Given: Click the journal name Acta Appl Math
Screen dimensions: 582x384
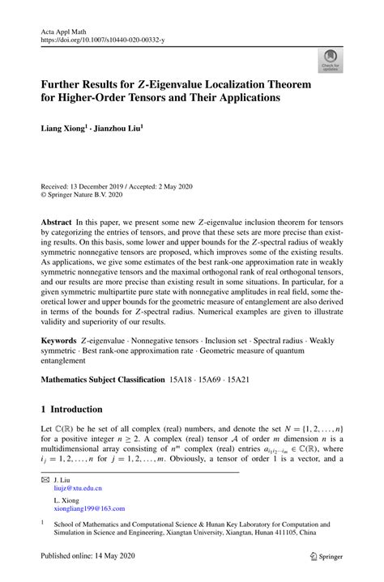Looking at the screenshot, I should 66,29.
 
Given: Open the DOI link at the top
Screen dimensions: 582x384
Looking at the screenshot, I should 104,38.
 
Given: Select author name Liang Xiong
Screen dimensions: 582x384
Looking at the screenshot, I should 63,128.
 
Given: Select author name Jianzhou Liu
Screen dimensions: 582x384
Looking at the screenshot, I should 117,128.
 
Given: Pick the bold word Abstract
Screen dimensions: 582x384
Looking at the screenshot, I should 58,221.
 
